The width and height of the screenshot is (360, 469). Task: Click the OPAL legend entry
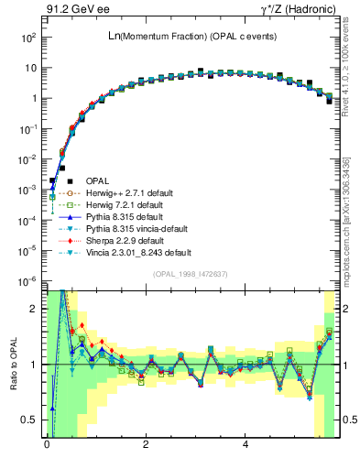coord(96,180)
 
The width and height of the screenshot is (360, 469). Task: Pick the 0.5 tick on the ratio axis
coord(31,420)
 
